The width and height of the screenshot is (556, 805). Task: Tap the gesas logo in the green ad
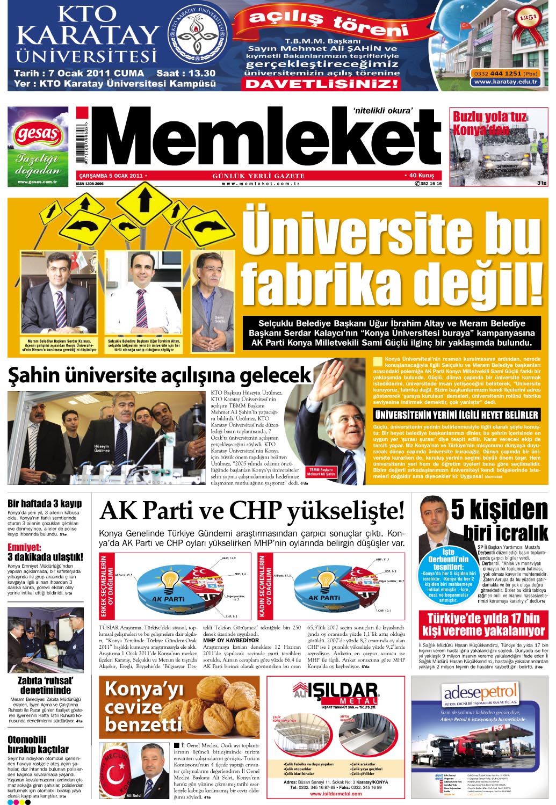coord(38,133)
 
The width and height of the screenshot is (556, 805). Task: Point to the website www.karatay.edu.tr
coord(506,82)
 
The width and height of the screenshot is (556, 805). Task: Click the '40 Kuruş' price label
coord(421,176)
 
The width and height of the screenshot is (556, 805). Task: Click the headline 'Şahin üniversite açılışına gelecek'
coord(160,375)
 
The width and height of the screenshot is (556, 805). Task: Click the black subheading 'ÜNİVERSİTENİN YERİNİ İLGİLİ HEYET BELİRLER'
coord(456,415)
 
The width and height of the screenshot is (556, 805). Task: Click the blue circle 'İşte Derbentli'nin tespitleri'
coord(448,575)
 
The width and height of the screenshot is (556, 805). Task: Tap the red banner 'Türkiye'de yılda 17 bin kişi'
coord(483,624)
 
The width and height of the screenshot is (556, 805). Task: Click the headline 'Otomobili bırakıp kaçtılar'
coord(38,744)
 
